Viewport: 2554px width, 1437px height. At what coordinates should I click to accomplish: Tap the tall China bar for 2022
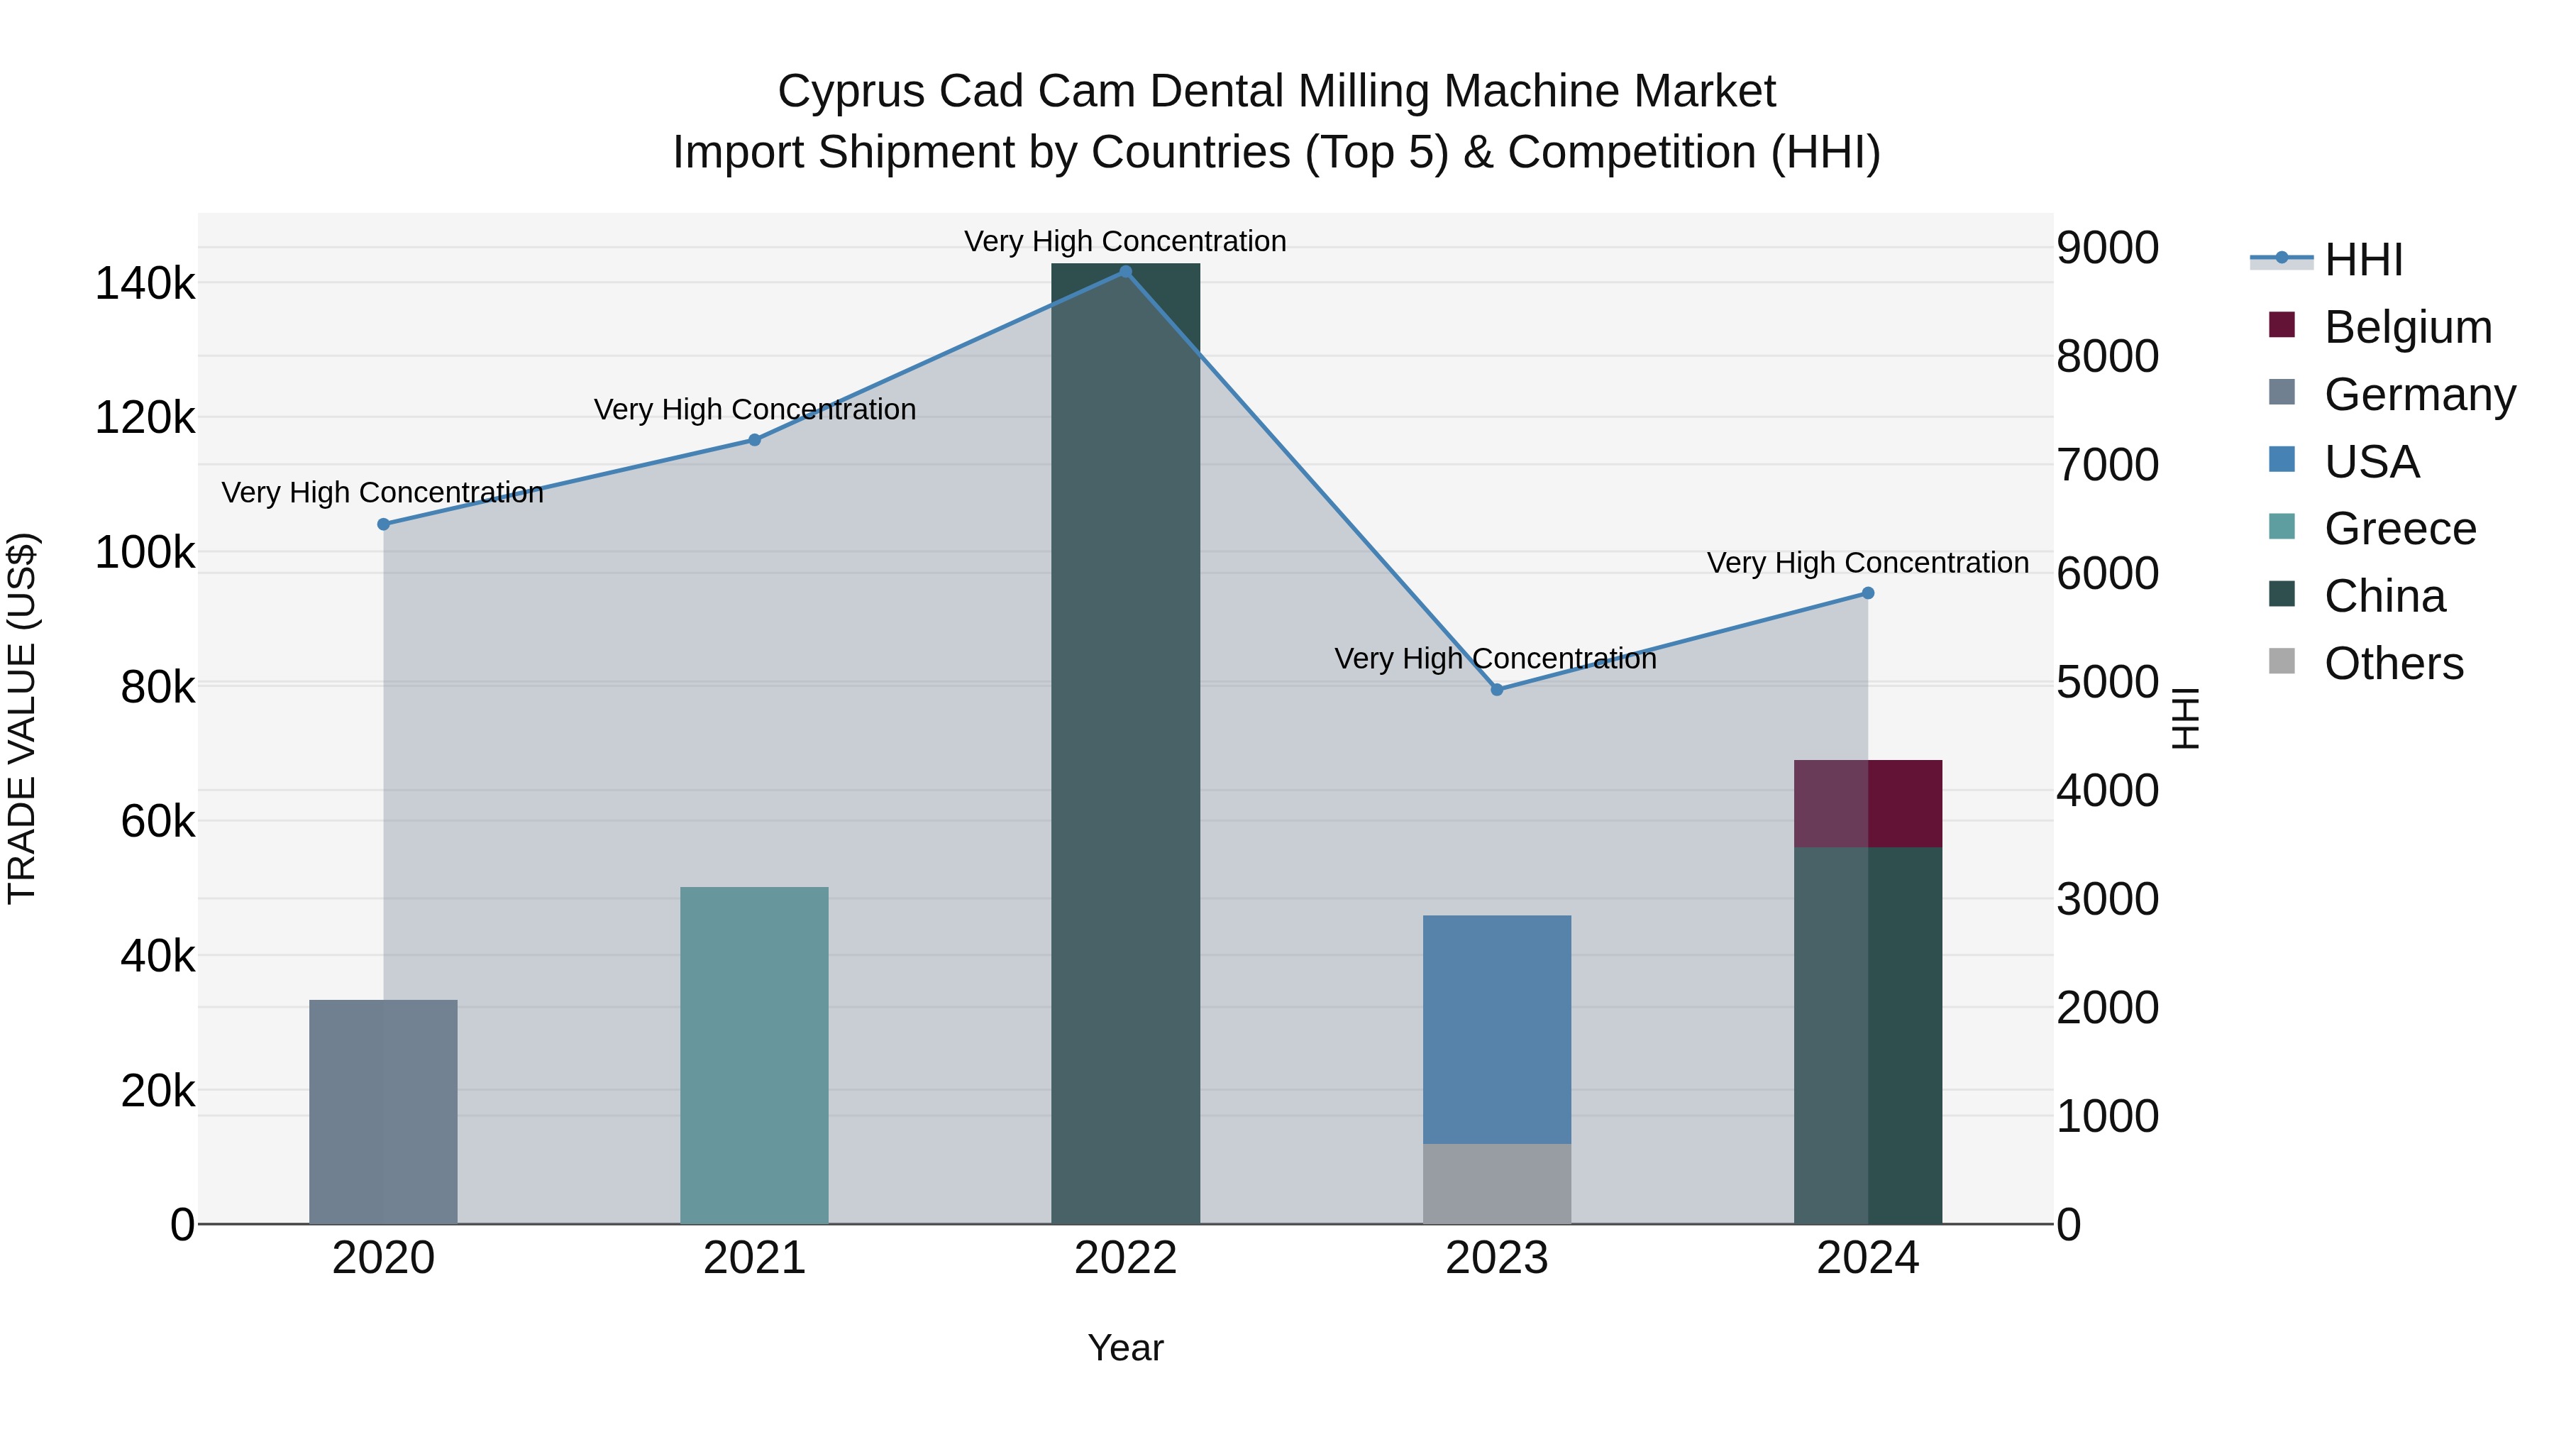pos(1125,744)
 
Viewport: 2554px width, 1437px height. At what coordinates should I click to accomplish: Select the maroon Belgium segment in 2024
pos(1868,803)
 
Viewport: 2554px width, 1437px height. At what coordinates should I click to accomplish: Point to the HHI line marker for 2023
pos(1497,689)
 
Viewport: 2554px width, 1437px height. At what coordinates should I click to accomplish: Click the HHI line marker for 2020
pos(384,524)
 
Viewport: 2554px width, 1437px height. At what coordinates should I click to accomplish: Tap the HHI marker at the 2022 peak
pos(1125,271)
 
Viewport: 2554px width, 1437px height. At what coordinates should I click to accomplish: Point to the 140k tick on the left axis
pos(145,284)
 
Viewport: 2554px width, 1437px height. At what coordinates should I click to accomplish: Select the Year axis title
pos(1125,1348)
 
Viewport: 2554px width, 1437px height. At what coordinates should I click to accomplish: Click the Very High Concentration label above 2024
pos(1867,562)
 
